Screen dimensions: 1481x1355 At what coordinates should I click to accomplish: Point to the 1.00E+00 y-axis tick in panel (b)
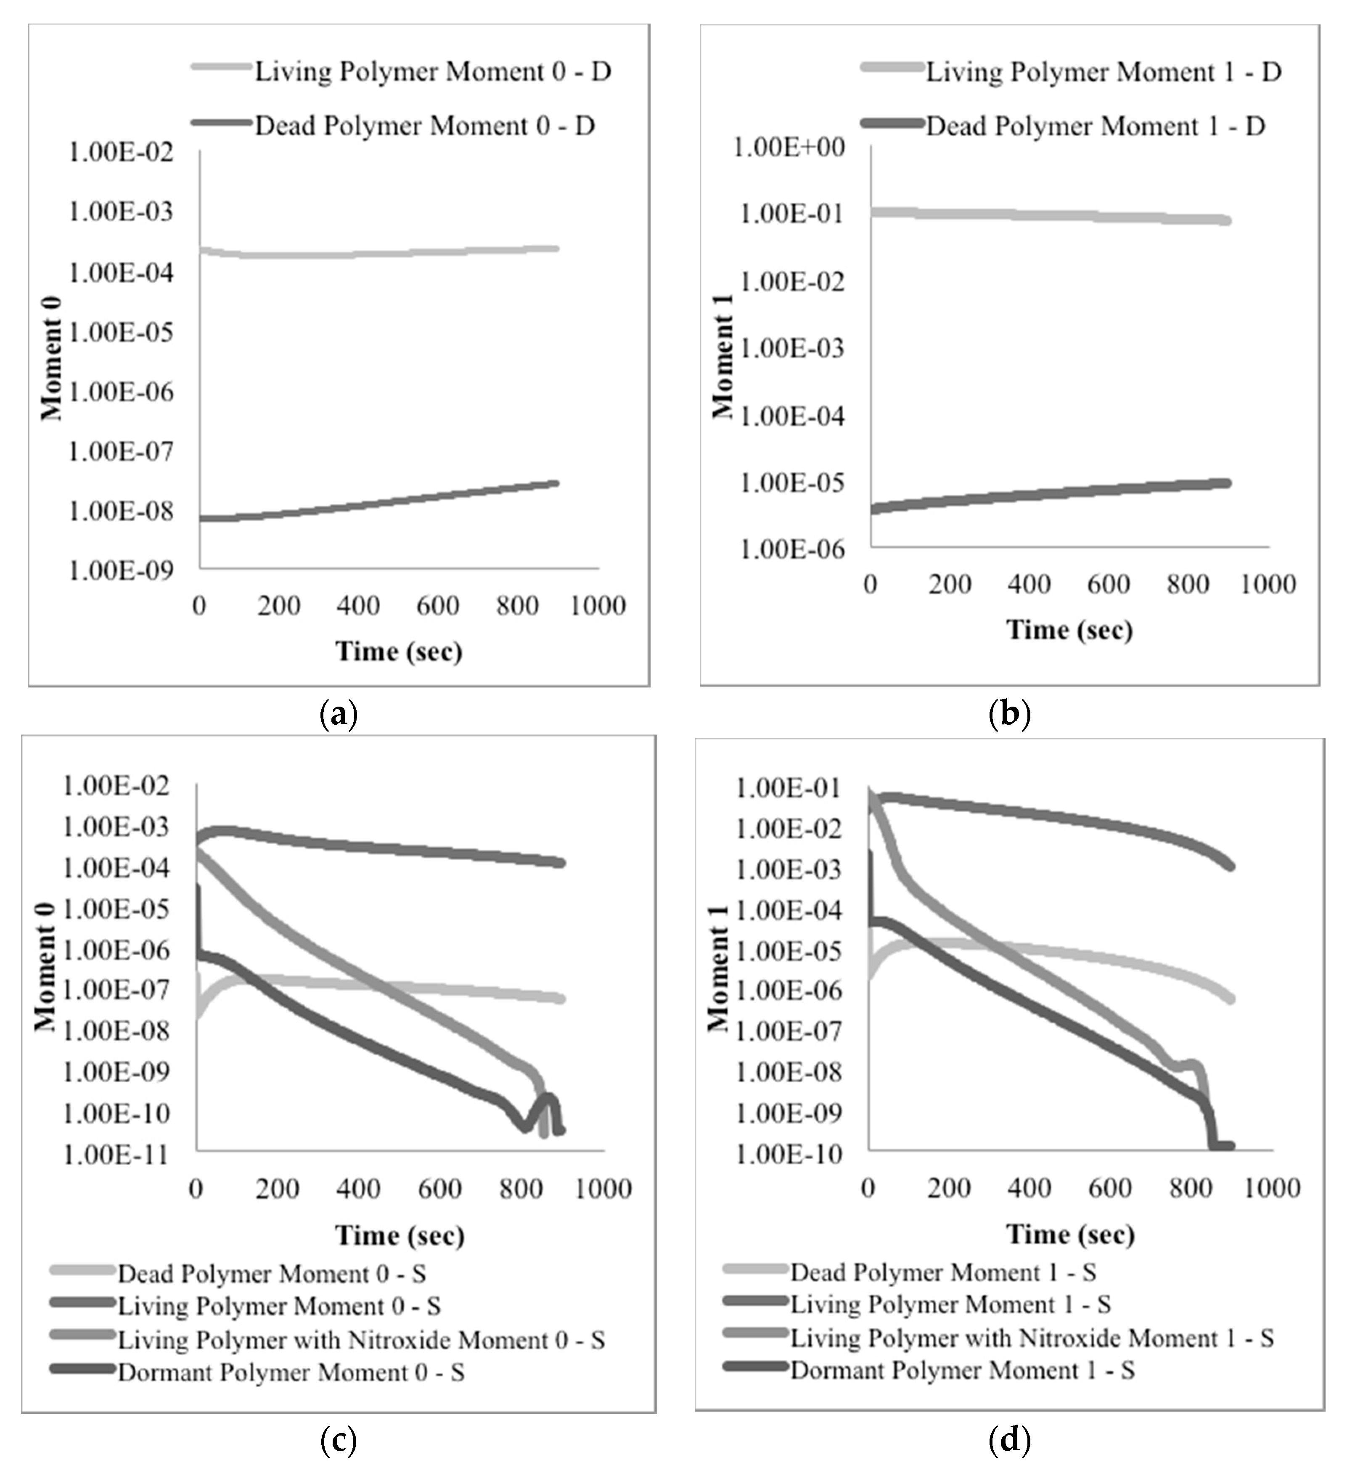[789, 147]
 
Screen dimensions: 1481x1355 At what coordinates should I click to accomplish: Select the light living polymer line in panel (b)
[1050, 215]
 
